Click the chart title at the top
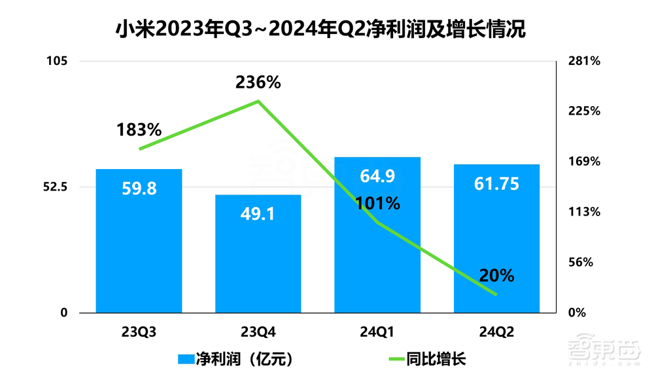click(x=320, y=29)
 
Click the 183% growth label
click(x=139, y=130)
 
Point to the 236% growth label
click(x=258, y=83)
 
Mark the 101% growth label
click(x=377, y=203)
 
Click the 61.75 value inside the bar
click(x=496, y=184)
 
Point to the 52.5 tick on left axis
click(x=55, y=187)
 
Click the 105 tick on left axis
click(x=57, y=62)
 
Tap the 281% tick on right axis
click(x=585, y=62)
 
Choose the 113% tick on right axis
click(x=585, y=212)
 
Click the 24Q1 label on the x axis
click(x=377, y=331)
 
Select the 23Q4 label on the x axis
click(x=258, y=331)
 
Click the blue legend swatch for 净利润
click(x=186, y=359)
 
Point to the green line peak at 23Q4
click(x=258, y=101)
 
